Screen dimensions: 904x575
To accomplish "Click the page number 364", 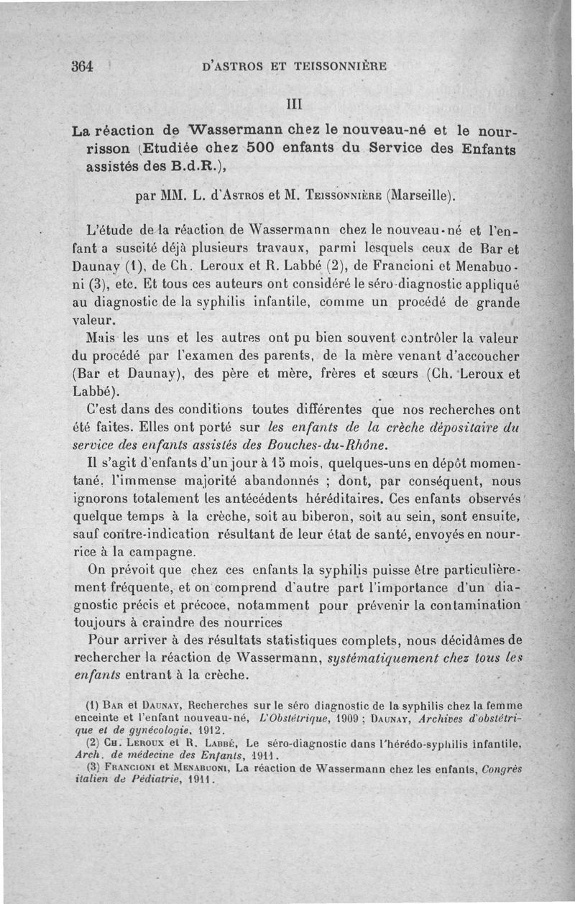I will click(x=83, y=66).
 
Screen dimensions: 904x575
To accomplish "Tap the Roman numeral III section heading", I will click(x=297, y=103).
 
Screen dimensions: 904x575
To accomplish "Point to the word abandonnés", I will click(x=257, y=479).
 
